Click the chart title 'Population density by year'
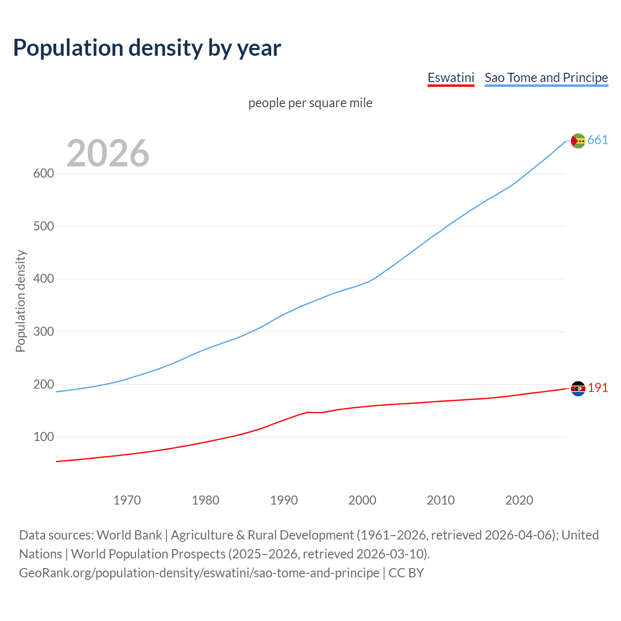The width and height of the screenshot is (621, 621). [147, 48]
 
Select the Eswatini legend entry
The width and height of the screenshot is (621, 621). [451, 78]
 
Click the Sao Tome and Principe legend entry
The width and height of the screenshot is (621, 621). [546, 78]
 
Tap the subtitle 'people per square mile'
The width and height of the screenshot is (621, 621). [310, 103]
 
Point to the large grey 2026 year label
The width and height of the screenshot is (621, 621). [108, 153]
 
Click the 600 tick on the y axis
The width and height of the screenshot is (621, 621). [43, 173]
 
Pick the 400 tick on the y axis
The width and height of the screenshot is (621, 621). [43, 279]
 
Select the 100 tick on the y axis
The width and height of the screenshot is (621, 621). [43, 437]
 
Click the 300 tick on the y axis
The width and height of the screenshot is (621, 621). [43, 332]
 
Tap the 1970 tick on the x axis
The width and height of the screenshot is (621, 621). [127, 500]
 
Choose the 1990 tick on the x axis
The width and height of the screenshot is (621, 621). [284, 500]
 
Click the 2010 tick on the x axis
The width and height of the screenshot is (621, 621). [441, 500]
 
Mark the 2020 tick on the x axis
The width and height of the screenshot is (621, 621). [519, 500]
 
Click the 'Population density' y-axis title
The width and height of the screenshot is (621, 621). [20, 301]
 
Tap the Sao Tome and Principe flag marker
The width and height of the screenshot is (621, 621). [578, 141]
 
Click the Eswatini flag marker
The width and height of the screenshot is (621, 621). [578, 389]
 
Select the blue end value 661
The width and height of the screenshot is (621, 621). [598, 140]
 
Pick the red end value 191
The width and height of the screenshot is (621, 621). [598, 388]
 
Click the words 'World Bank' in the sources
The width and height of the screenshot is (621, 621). [129, 535]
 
